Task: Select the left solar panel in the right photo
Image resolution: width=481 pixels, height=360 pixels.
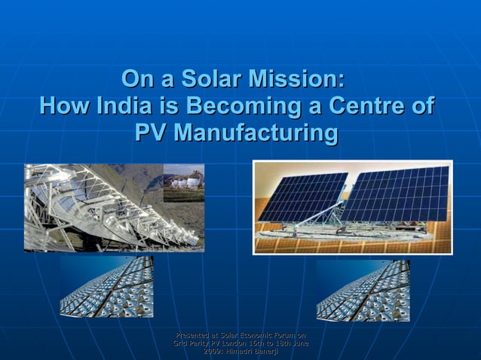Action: tap(302, 197)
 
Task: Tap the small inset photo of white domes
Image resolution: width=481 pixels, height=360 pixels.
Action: tap(183, 182)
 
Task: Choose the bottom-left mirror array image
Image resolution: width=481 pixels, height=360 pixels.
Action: tap(106, 286)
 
